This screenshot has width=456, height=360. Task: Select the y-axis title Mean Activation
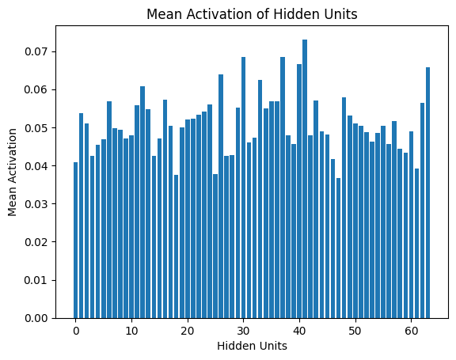tap(12, 172)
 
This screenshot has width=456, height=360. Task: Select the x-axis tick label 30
tap(244, 331)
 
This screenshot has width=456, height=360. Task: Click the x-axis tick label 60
tap(412, 331)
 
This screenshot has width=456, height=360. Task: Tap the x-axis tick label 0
tap(76, 331)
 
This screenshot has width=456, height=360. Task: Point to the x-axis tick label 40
tap(299, 331)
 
